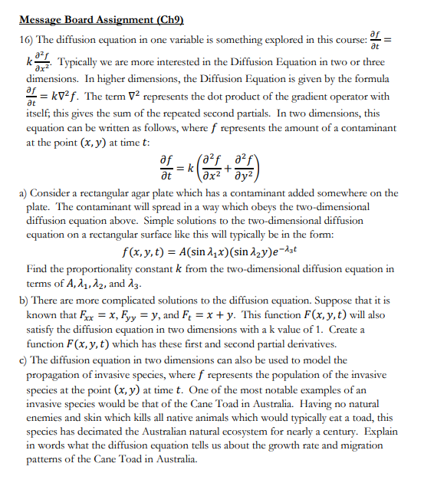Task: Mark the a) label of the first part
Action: pos(20,193)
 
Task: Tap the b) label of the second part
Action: pos(20,301)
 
